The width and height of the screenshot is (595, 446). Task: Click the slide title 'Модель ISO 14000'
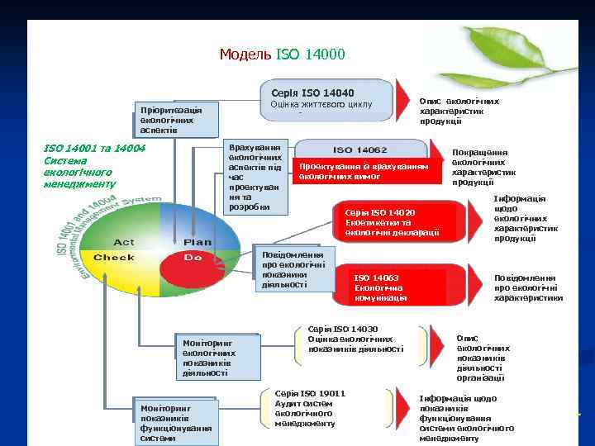tap(282, 55)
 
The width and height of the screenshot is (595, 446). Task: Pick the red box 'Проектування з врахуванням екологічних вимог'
tap(364, 171)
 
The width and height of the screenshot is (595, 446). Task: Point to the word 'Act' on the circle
tap(124, 242)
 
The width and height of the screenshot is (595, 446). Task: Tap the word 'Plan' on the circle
tap(197, 242)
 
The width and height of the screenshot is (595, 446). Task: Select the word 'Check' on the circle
tap(114, 258)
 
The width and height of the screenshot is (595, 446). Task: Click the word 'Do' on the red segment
tap(193, 258)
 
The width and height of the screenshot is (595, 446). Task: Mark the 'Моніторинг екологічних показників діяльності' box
tap(217, 357)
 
